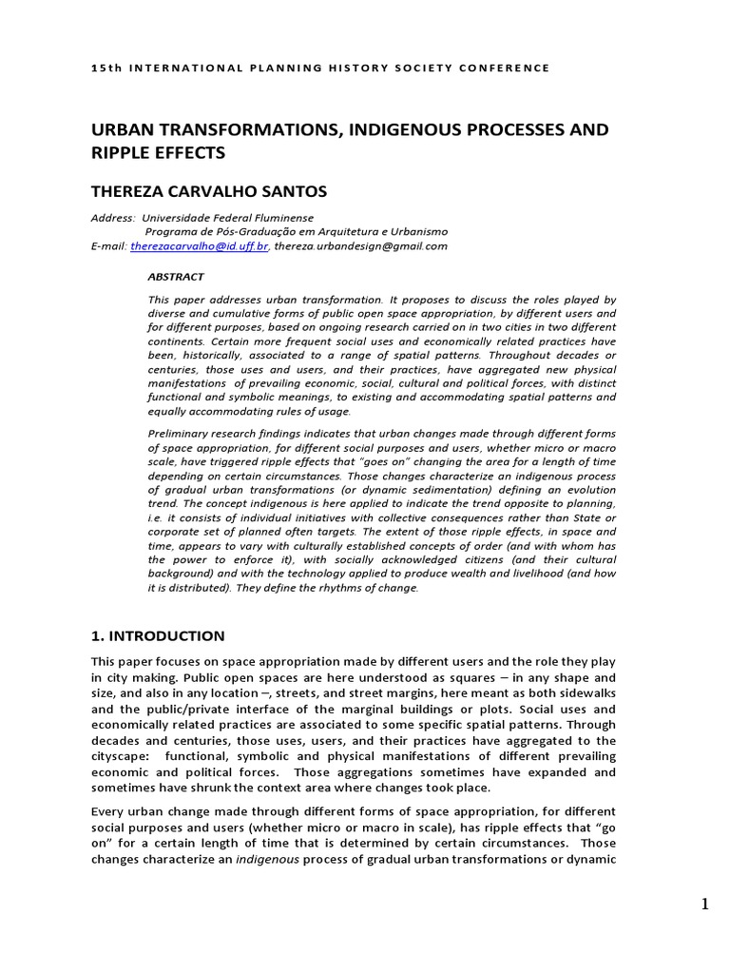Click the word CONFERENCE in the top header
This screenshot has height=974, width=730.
click(506, 68)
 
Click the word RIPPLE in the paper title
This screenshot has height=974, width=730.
click(122, 151)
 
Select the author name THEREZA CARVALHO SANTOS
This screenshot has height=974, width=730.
click(208, 191)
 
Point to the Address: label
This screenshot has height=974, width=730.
click(113, 218)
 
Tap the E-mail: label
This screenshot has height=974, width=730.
click(109, 245)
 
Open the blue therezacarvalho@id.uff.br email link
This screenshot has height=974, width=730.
click(200, 245)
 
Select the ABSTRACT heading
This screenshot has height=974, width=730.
click(176, 277)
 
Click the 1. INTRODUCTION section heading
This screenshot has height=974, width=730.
click(158, 636)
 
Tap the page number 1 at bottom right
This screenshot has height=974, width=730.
click(705, 905)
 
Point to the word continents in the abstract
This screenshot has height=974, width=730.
click(177, 341)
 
